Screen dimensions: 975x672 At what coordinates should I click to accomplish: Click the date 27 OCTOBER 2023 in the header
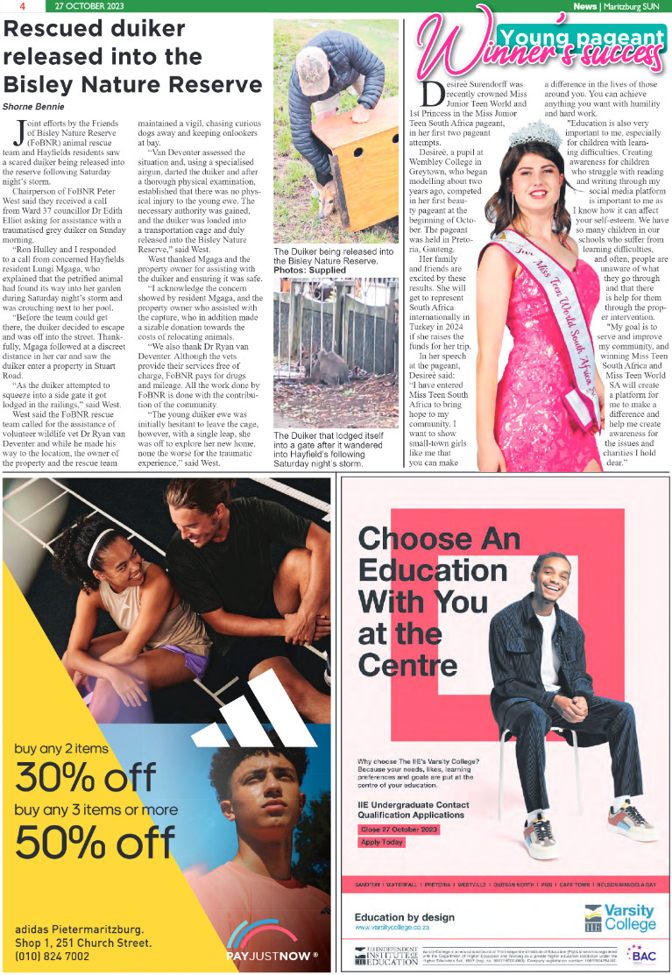[x=88, y=6]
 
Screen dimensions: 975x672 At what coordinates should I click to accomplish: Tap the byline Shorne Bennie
[x=33, y=106]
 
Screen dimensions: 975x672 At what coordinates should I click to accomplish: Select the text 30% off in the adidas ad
[x=85, y=777]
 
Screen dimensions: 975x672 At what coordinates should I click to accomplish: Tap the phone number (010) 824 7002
[x=53, y=956]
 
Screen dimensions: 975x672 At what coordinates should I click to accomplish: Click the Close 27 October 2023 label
[x=400, y=829]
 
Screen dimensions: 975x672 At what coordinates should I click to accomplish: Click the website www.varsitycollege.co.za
[x=392, y=926]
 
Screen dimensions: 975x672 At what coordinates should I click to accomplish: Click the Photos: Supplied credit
[x=309, y=270]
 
